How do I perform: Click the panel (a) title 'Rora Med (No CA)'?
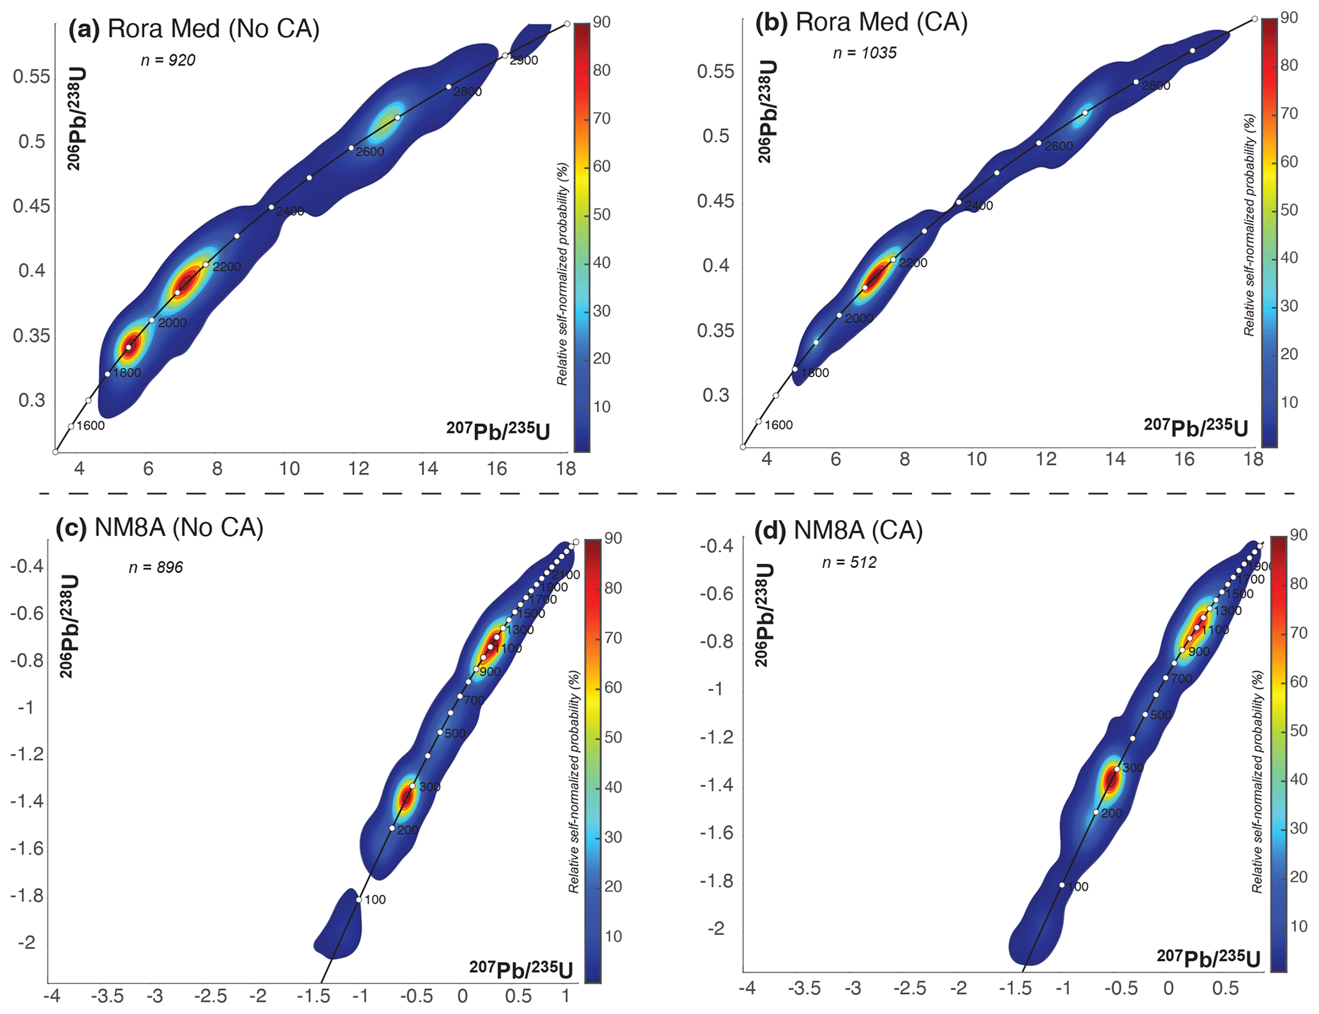pyautogui.click(x=213, y=29)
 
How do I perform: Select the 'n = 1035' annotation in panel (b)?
pyautogui.click(x=865, y=53)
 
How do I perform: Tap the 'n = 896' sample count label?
pyautogui.click(x=156, y=567)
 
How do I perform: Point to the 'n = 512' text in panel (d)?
pyautogui.click(x=849, y=562)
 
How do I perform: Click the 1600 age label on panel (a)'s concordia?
pyautogui.click(x=91, y=426)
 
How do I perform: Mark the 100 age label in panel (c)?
pyautogui.click(x=375, y=900)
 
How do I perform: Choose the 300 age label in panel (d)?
pyautogui.click(x=1133, y=768)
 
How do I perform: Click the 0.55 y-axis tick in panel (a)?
pyautogui.click(x=31, y=77)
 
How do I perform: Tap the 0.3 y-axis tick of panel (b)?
pyautogui.click(x=715, y=396)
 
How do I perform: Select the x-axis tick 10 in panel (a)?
pyautogui.click(x=289, y=469)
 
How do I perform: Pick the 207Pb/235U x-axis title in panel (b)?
pyautogui.click(x=1195, y=428)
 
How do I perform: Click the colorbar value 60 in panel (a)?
pyautogui.click(x=602, y=167)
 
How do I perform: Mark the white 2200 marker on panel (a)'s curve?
pyautogui.click(x=205, y=264)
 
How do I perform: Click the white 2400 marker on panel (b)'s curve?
pyautogui.click(x=958, y=202)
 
